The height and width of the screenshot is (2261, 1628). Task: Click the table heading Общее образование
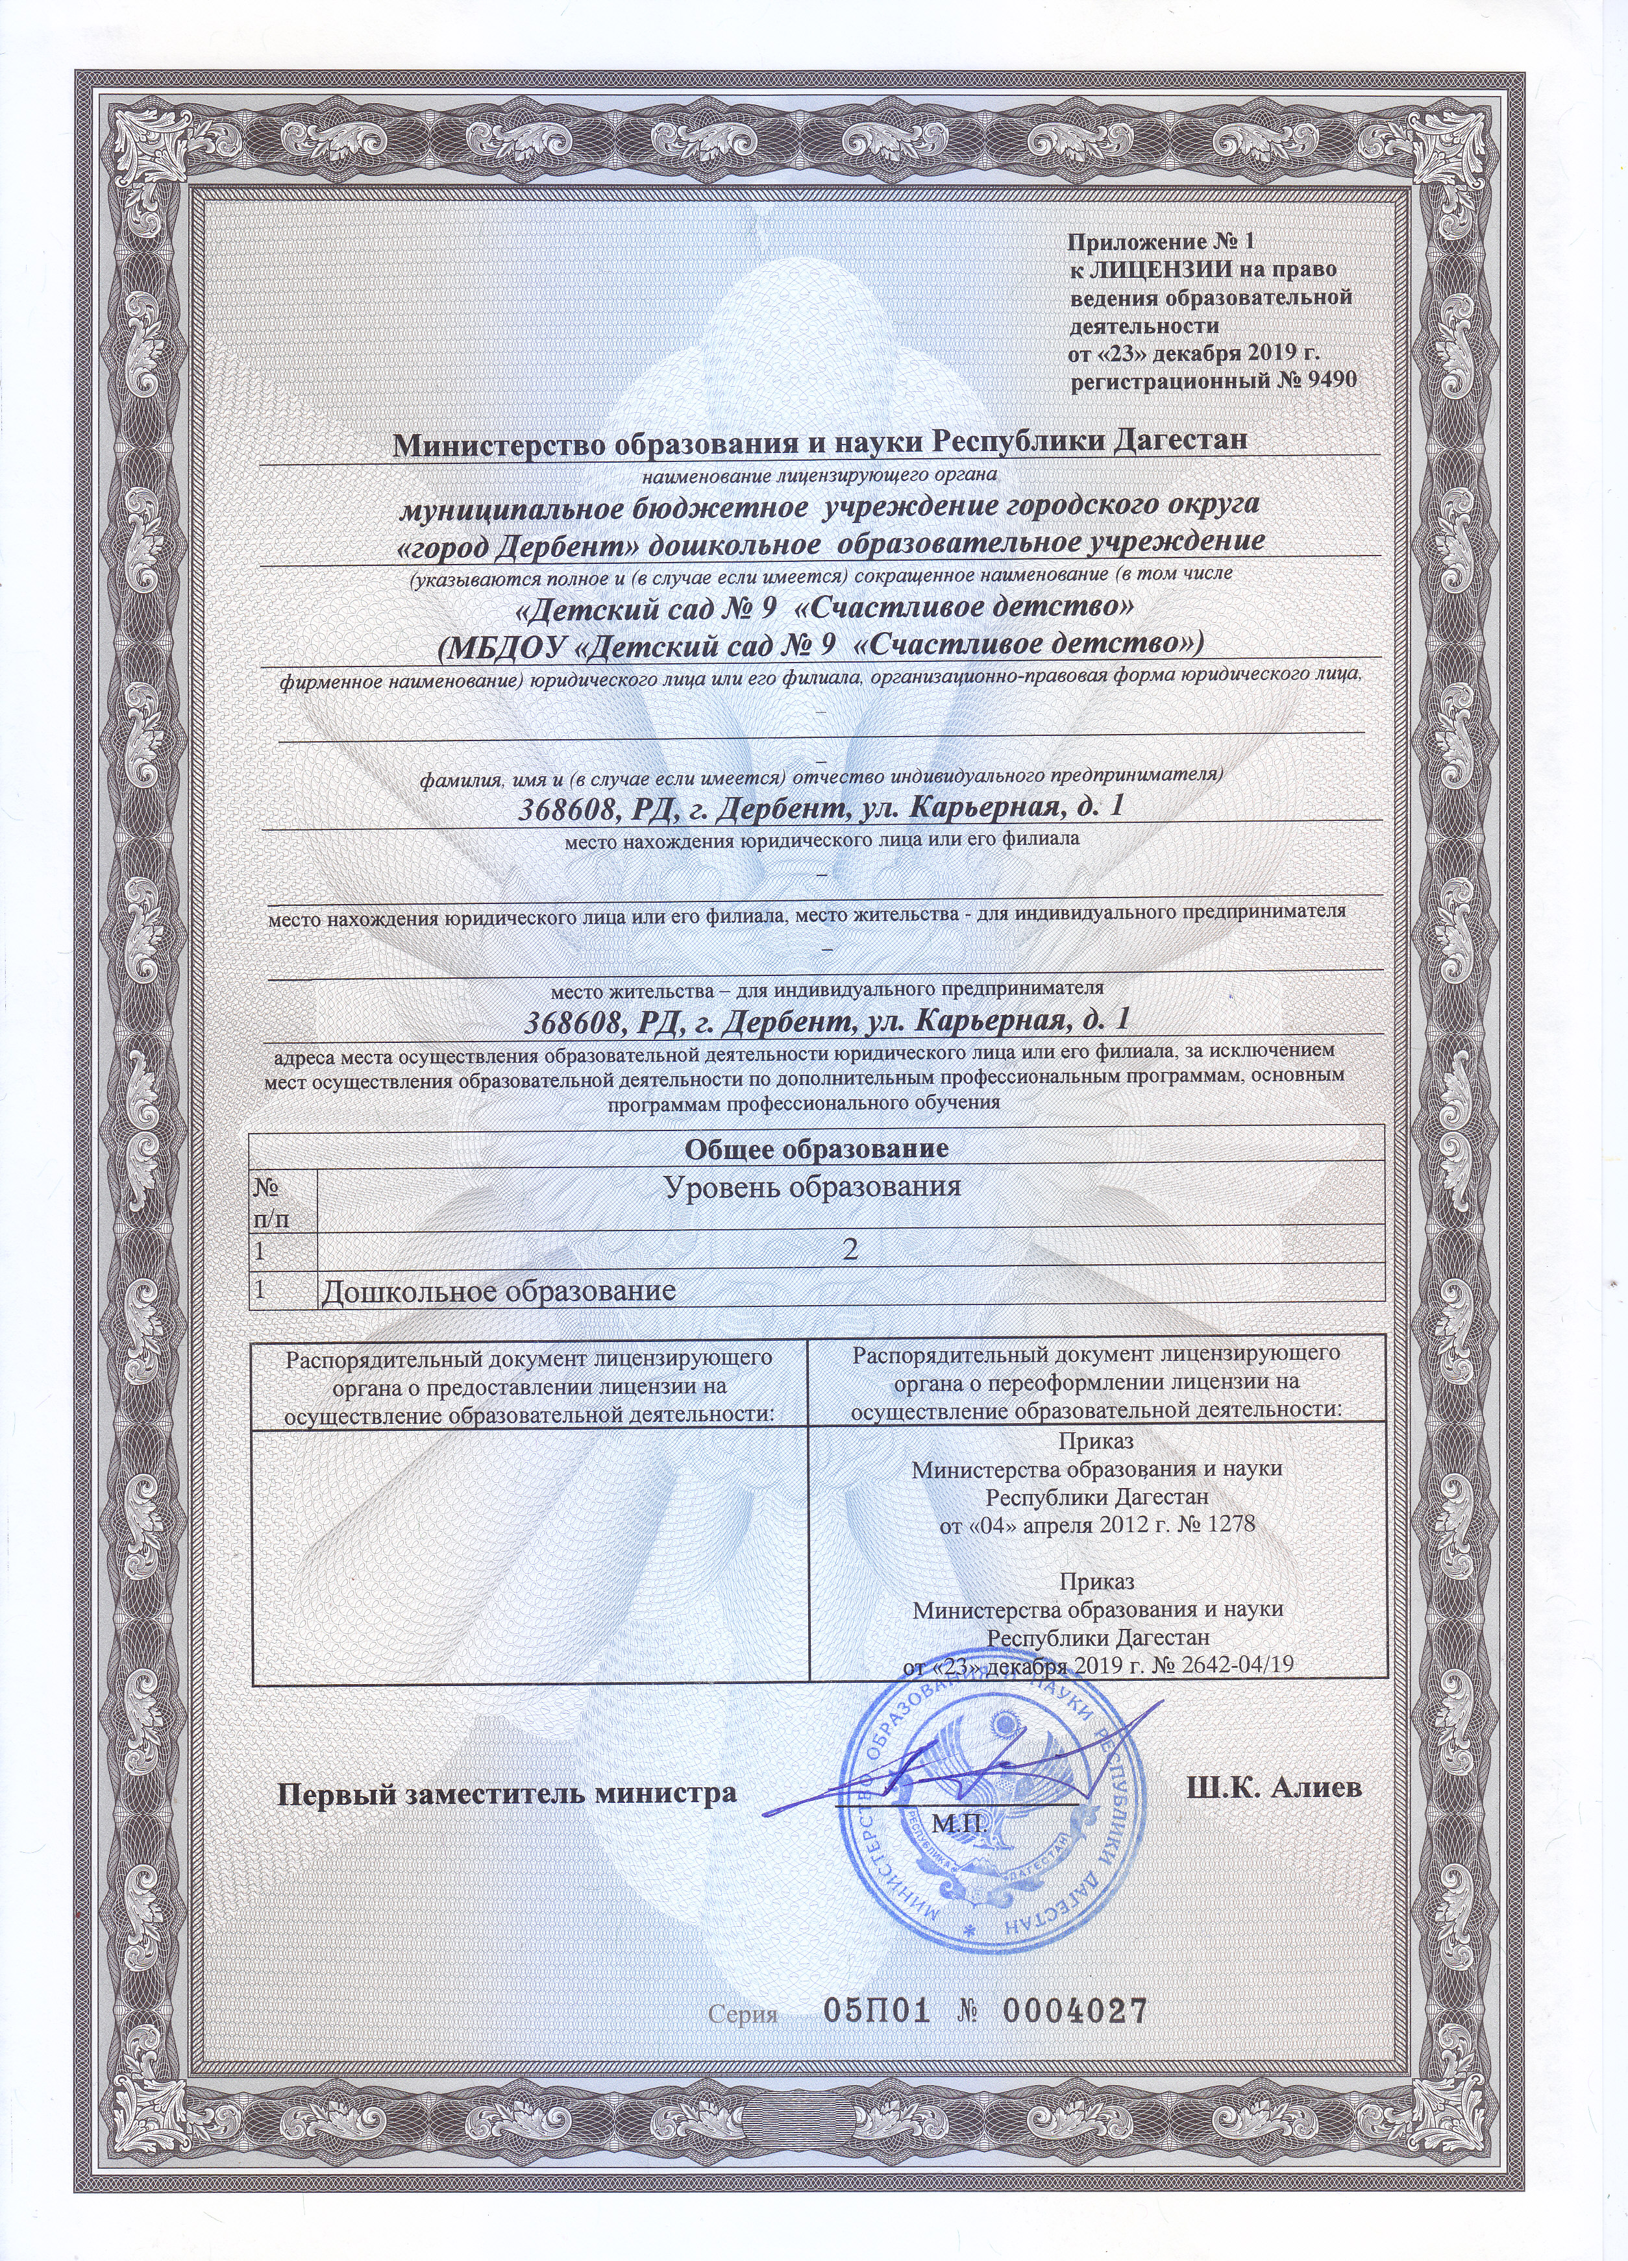815,1149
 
